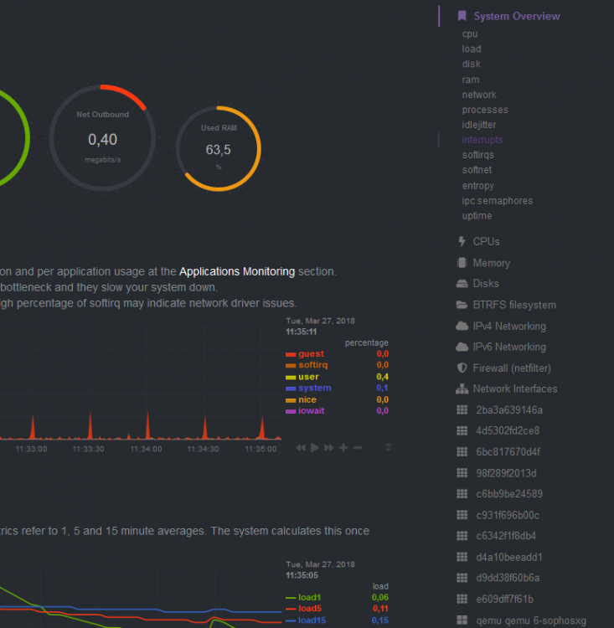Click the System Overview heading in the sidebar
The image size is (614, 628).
[517, 17]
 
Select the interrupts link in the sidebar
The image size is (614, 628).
[482, 140]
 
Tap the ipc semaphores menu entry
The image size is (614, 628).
[498, 201]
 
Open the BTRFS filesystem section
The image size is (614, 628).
[514, 305]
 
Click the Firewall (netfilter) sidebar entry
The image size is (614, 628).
[512, 368]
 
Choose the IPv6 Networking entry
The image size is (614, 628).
[509, 347]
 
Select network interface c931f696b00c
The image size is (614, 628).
[508, 515]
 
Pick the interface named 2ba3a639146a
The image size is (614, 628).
[509, 410]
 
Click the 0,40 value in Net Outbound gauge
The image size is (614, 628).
[102, 140]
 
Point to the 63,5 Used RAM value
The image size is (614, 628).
[218, 150]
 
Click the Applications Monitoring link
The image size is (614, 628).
[237, 271]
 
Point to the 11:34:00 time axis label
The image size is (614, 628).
[146, 449]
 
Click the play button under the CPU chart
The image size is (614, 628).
[315, 447]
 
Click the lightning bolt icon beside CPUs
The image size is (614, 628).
[462, 241]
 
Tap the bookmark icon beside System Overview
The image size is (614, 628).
[462, 16]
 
